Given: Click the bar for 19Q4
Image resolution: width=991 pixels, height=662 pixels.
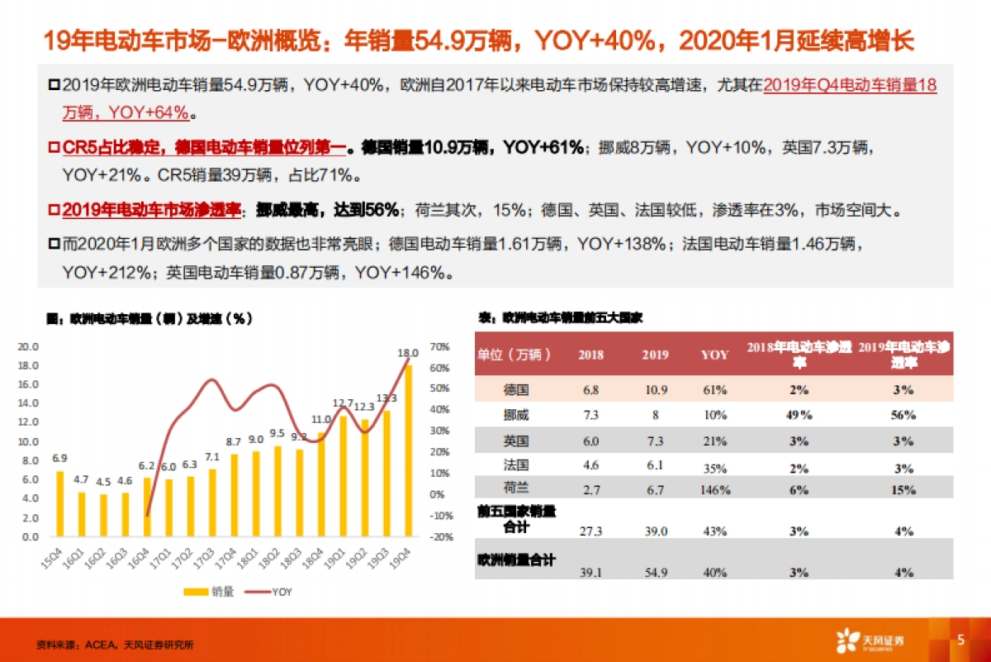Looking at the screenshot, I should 406,450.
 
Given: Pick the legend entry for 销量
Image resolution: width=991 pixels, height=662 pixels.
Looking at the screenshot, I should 211,592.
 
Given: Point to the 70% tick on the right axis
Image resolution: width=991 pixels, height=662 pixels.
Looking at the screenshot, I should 439,347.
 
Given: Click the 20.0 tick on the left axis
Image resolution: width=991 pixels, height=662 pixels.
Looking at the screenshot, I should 29,347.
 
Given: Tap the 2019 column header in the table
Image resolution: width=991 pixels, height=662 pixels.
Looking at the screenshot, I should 655,355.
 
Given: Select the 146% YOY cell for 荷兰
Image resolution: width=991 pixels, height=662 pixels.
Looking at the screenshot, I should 714,490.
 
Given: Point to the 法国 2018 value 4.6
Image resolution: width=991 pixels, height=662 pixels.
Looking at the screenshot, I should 590,467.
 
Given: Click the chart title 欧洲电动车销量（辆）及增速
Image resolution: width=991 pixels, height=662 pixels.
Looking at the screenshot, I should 149,317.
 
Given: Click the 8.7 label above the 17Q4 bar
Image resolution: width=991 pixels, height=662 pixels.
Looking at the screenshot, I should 233,442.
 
